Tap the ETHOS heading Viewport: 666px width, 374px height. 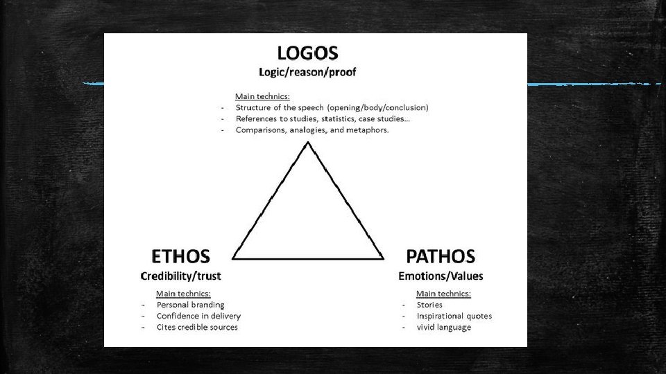point(180,256)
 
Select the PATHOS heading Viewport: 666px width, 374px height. point(441,256)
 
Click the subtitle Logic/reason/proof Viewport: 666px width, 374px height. point(307,71)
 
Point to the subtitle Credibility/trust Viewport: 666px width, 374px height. point(180,276)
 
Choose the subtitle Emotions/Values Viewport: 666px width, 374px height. point(441,276)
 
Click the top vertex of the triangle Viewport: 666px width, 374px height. point(307,143)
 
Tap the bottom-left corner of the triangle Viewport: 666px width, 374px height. point(234,258)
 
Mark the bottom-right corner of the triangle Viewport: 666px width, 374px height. point(383,258)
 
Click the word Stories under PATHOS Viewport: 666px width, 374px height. point(429,305)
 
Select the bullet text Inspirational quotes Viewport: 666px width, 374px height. point(454,316)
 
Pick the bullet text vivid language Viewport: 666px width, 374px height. point(443,327)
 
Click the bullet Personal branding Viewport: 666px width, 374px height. point(190,305)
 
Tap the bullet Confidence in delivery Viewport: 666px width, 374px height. point(198,316)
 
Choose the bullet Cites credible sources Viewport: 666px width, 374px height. point(197,327)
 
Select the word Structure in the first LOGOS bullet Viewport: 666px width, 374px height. point(253,107)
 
